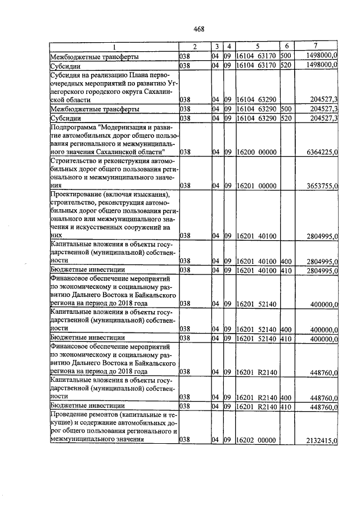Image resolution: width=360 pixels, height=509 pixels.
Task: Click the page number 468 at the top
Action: [x=199, y=29]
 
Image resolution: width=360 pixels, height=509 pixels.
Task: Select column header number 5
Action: [x=257, y=46]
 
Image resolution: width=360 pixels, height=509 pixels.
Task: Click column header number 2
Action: [x=195, y=46]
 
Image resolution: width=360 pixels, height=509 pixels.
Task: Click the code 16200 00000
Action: [x=256, y=152]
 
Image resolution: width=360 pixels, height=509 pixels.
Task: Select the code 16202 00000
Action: [x=256, y=442]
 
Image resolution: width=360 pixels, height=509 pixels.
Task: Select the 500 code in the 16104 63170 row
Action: [x=285, y=56]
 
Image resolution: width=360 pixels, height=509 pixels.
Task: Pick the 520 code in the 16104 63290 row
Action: [x=285, y=119]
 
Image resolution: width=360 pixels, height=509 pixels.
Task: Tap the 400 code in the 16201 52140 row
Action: [x=285, y=328]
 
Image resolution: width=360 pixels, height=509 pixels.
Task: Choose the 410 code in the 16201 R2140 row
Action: [x=285, y=406]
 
